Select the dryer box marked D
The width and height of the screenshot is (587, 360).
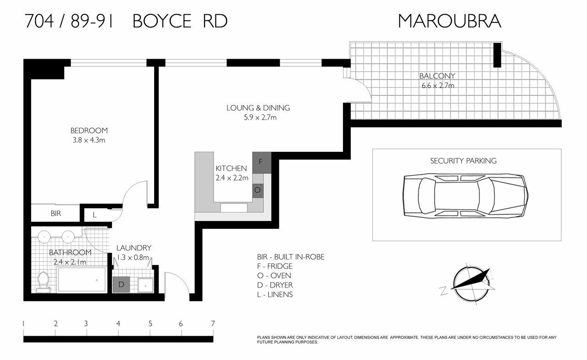122,284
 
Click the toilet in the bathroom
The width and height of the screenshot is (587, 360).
44,281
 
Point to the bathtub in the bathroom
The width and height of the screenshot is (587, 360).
82,280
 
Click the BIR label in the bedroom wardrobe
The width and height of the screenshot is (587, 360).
55,214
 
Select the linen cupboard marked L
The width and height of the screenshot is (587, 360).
94,214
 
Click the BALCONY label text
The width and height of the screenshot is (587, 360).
437,76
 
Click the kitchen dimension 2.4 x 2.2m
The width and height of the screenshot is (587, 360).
232,178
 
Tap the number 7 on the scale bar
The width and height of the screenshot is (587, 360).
213,324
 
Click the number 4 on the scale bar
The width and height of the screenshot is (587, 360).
118,324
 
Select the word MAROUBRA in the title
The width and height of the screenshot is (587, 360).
449,21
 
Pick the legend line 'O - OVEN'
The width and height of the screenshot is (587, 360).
274,276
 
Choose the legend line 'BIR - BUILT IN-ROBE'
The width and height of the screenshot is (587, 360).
291,257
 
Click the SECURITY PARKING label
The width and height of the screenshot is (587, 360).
463,161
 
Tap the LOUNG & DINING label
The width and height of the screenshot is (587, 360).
258,108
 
